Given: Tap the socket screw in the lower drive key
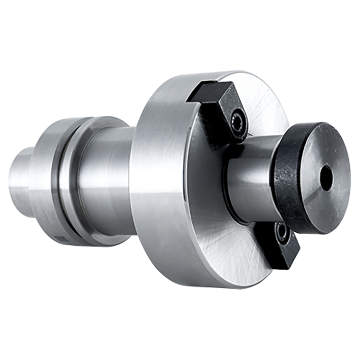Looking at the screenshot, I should coord(281,232).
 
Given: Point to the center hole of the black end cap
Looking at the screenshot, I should coord(326,178).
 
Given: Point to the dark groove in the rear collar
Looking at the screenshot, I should coord(62,180).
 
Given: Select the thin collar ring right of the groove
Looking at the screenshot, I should coord(73,180).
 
